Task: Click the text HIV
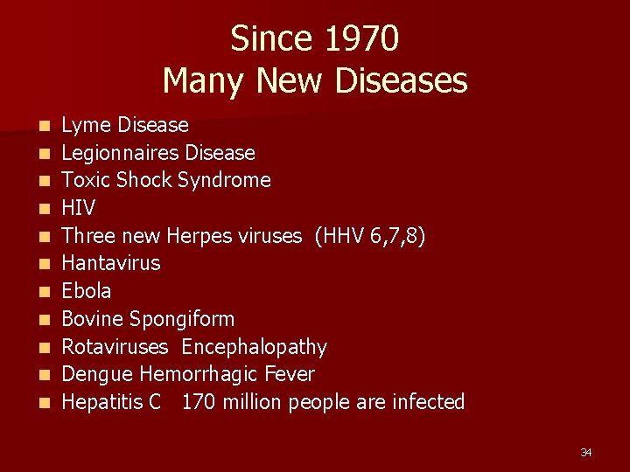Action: point(79,209)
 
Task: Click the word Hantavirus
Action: point(111,263)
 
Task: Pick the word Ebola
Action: point(87,291)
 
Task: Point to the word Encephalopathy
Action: point(254,347)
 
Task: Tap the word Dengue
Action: point(97,375)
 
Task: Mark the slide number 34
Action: point(586,452)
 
